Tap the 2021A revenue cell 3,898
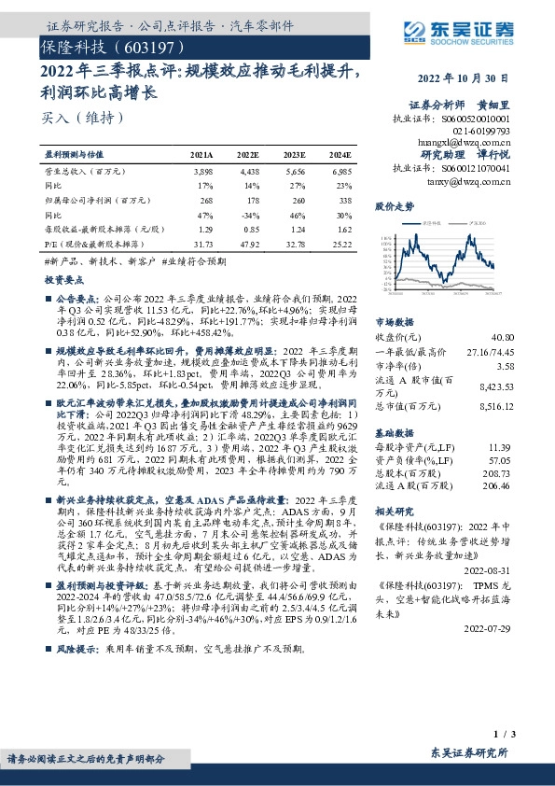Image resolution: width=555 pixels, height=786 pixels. click(x=202, y=172)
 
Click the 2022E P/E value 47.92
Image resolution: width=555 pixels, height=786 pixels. click(x=248, y=244)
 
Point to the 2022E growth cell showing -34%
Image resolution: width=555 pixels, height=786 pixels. click(x=249, y=214)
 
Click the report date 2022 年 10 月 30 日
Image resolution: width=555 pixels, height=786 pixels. click(x=467, y=79)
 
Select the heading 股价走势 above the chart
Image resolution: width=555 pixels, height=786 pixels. click(x=394, y=204)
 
